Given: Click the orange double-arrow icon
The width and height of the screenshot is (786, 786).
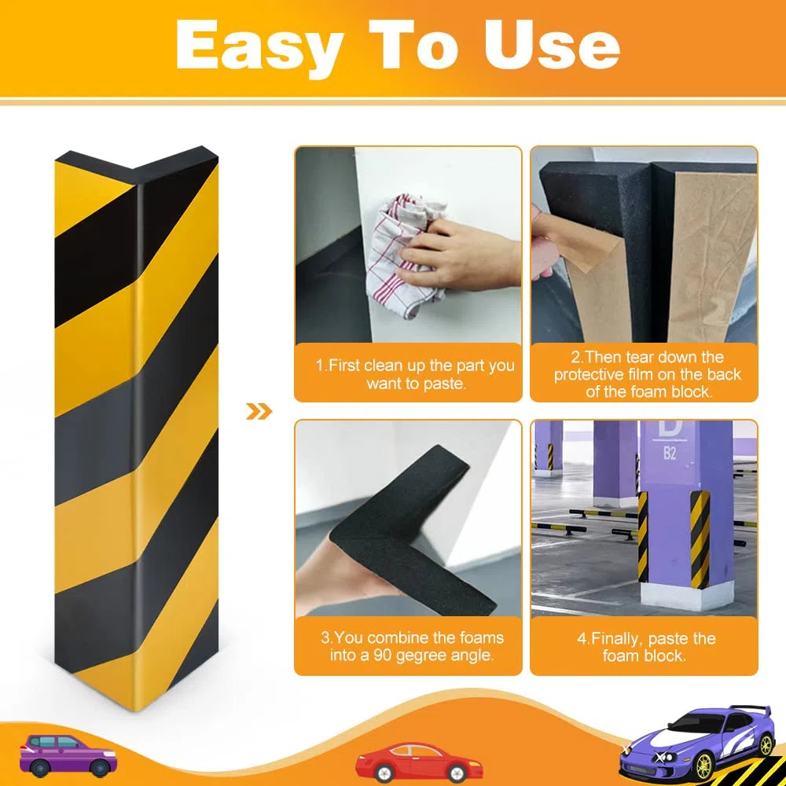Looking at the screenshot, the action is pyautogui.click(x=259, y=412).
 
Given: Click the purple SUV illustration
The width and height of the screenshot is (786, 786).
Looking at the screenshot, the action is pyautogui.click(x=68, y=755).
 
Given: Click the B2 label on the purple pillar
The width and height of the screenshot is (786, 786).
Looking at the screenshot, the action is pyautogui.click(x=670, y=454).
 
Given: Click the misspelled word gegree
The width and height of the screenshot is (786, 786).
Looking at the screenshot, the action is pyautogui.click(x=421, y=656).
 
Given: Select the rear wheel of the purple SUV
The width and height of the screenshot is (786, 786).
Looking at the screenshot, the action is pyautogui.click(x=39, y=767).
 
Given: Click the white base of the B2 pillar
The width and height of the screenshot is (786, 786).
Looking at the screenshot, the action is pyautogui.click(x=686, y=596).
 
